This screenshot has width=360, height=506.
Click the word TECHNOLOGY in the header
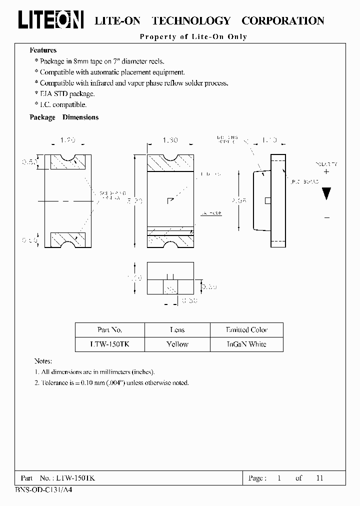pos(190,20)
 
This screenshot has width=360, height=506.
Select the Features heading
pos(43,50)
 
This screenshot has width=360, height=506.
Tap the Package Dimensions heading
pos(64,117)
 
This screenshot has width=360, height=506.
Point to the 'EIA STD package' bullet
pos(67,93)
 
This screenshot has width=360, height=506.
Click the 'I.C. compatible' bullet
pos(63,104)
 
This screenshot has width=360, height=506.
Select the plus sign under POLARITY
pos(326,171)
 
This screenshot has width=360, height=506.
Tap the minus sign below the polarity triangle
pos(326,217)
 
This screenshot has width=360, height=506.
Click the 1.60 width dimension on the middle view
pos(170,141)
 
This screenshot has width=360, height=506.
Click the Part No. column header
pos(109,330)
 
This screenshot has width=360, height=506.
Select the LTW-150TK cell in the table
pos(109,344)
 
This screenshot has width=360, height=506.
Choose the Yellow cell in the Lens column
pos(177,344)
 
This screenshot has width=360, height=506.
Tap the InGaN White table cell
pos(246,344)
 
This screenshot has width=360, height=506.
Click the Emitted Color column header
pos(246,330)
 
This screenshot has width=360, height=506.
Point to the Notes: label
pos(43,361)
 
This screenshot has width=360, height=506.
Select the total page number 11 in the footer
pos(319,478)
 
